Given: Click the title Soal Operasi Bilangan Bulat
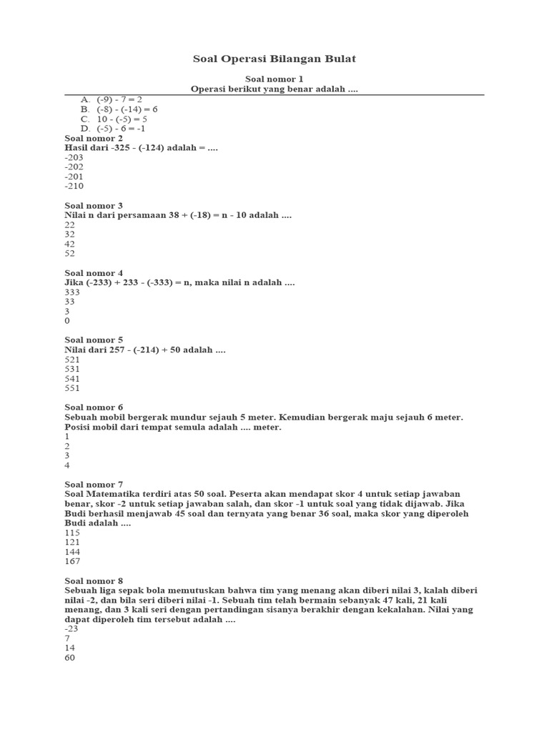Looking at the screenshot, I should (274, 59).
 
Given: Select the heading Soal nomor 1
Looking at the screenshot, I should (274, 79).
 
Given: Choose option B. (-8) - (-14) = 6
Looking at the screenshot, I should (119, 109).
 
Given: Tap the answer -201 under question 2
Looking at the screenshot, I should (74, 176).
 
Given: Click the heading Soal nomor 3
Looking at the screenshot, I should (94, 205).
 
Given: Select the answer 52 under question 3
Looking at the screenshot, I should (69, 253).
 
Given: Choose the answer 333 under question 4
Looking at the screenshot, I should (71, 292).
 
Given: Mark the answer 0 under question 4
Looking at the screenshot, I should (67, 321).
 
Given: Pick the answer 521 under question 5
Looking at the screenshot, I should (71, 360).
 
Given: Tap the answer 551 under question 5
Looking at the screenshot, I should (71, 388).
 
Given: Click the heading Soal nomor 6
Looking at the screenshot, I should (94, 407).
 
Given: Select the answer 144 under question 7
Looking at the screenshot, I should (71, 552).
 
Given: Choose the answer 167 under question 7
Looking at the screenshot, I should (71, 562).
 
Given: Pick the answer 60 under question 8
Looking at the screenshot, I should (69, 658).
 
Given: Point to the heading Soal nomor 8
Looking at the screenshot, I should (94, 581).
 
